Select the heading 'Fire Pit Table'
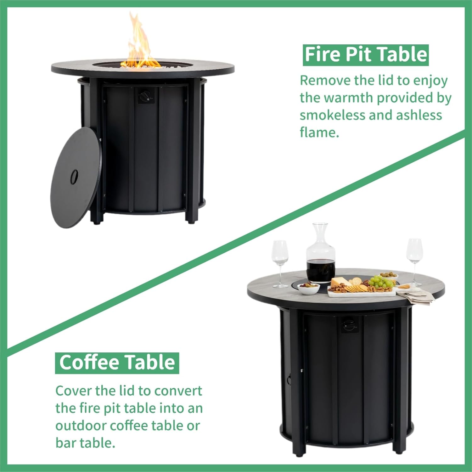(x=366, y=55)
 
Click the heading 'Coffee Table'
(x=117, y=363)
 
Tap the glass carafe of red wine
(x=321, y=256)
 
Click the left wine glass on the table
(x=280, y=261)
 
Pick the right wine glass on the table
(x=414, y=258)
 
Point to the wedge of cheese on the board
(x=340, y=282)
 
